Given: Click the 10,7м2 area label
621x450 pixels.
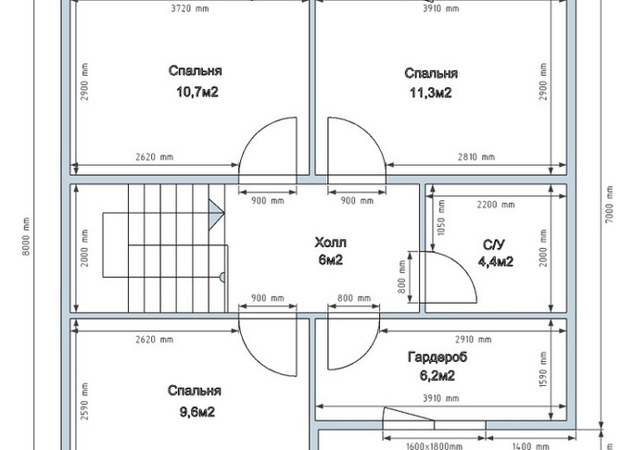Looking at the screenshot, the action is click(197, 93).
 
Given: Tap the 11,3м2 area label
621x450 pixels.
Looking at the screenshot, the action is click(430, 93).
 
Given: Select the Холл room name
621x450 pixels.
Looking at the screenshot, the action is click(330, 243).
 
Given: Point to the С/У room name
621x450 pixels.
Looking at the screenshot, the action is click(494, 245).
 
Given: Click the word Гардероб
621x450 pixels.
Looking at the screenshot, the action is click(437, 357).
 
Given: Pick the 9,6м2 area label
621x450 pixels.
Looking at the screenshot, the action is click(197, 412).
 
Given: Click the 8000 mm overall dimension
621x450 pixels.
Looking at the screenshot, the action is click(26, 236).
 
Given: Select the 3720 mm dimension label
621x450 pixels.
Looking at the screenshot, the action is click(190, 8).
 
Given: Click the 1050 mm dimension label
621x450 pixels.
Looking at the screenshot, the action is click(441, 218).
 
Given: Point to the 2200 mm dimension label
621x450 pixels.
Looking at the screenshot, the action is click(496, 205).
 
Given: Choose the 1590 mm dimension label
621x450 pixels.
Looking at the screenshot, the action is click(543, 369).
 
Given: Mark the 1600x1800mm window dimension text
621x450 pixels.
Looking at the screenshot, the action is click(435, 446).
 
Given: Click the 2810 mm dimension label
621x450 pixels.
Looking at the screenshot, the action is click(476, 157).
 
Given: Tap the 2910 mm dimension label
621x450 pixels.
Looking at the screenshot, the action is click(474, 340).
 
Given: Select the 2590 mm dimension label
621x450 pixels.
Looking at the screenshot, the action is click(84, 401).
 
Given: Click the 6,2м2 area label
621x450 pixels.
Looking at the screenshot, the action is click(437, 375).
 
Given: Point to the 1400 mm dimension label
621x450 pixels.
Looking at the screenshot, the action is click(530, 446).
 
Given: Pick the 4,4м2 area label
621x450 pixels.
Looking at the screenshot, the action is click(496, 262).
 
